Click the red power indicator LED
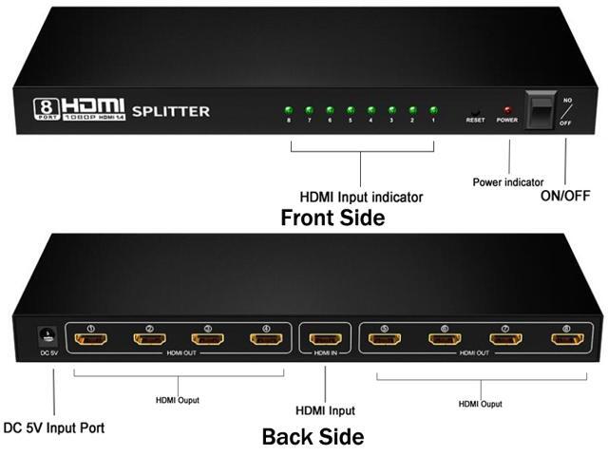point(508,110)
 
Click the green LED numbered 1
point(433,109)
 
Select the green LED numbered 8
point(288,109)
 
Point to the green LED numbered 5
point(351,109)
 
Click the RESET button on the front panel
point(475,111)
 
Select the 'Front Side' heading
point(332,218)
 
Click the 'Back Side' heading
point(313,438)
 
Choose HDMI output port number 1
point(91,339)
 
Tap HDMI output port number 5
point(385,339)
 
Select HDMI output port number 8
point(565,339)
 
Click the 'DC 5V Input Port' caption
point(54,427)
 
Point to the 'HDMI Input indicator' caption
point(362,198)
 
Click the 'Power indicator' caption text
point(508,181)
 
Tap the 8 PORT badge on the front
point(46,107)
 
